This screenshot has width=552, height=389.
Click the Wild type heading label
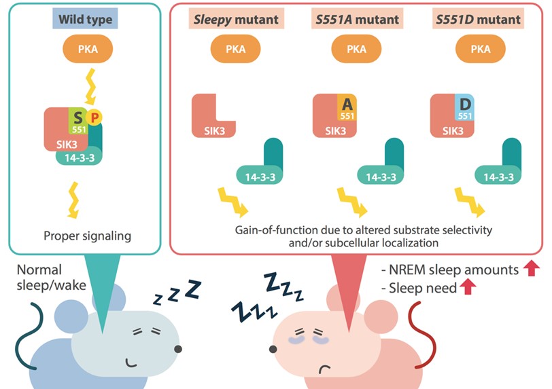tap(86, 19)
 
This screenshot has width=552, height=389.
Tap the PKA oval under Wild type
tap(86, 50)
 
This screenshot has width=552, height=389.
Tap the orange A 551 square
tap(347, 109)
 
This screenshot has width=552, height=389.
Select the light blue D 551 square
tap(465, 109)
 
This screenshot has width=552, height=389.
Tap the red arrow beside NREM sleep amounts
tap(532, 270)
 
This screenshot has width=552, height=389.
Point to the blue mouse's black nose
tap(178, 349)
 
